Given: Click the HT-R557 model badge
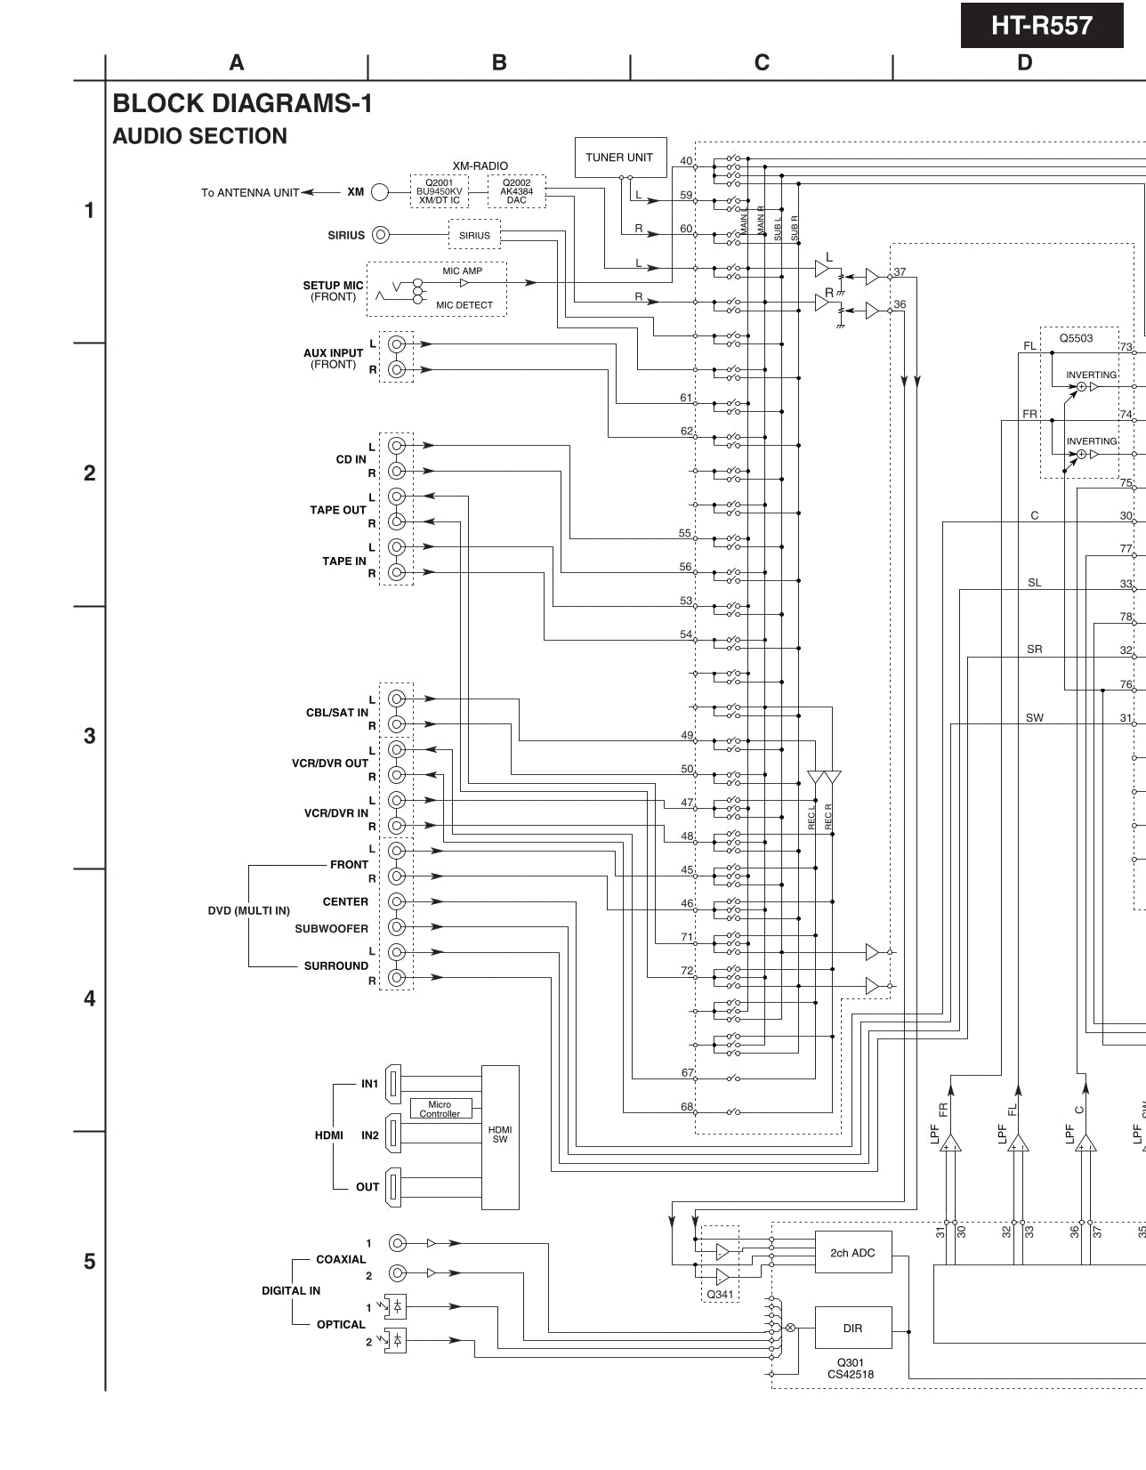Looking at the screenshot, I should [x=1041, y=26].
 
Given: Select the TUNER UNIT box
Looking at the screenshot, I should [x=619, y=157].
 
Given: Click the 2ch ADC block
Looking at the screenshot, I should [x=852, y=1253].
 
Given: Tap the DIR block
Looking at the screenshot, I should [x=852, y=1328].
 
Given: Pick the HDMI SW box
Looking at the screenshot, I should [x=500, y=1136].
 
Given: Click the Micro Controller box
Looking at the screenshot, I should [x=440, y=1109].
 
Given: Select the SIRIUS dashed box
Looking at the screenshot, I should [x=474, y=235].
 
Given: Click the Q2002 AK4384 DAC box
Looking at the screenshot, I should [x=516, y=191].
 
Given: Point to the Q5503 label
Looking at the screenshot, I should [x=1076, y=339].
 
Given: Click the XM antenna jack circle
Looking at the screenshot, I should [x=380, y=191].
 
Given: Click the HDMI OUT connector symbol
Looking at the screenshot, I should [x=394, y=1187].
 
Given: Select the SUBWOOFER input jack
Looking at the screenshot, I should [x=398, y=926].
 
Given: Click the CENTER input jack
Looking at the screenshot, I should [x=398, y=901].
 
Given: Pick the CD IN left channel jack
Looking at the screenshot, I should [x=398, y=445].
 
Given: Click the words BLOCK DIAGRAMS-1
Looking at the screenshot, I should [x=242, y=104].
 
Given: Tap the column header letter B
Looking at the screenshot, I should [x=499, y=62].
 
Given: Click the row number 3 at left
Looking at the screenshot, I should [x=89, y=736].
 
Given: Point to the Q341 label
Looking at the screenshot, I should [x=720, y=1294].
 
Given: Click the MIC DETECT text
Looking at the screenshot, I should [x=464, y=305].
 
